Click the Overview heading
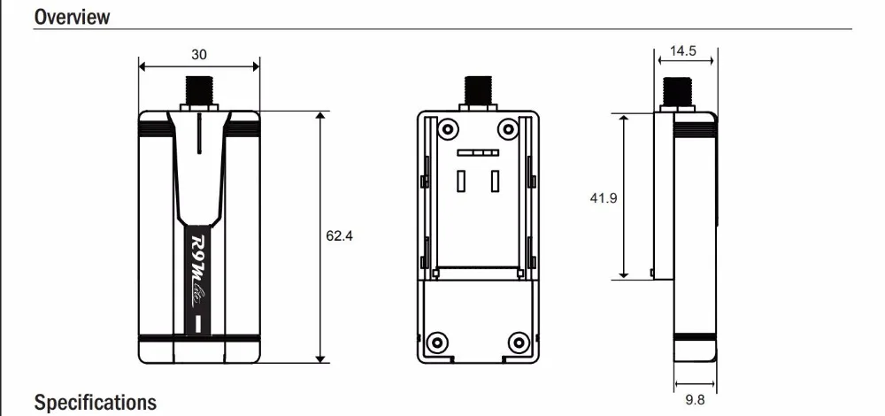click(x=72, y=16)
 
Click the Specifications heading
click(x=96, y=403)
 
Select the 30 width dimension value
click(x=198, y=55)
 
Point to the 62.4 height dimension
click(x=339, y=236)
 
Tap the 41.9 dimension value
click(x=604, y=198)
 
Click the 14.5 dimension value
click(x=683, y=50)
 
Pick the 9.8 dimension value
click(x=695, y=400)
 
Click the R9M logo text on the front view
click(x=198, y=271)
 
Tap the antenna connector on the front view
click(x=198, y=94)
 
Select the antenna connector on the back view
click(x=478, y=94)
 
